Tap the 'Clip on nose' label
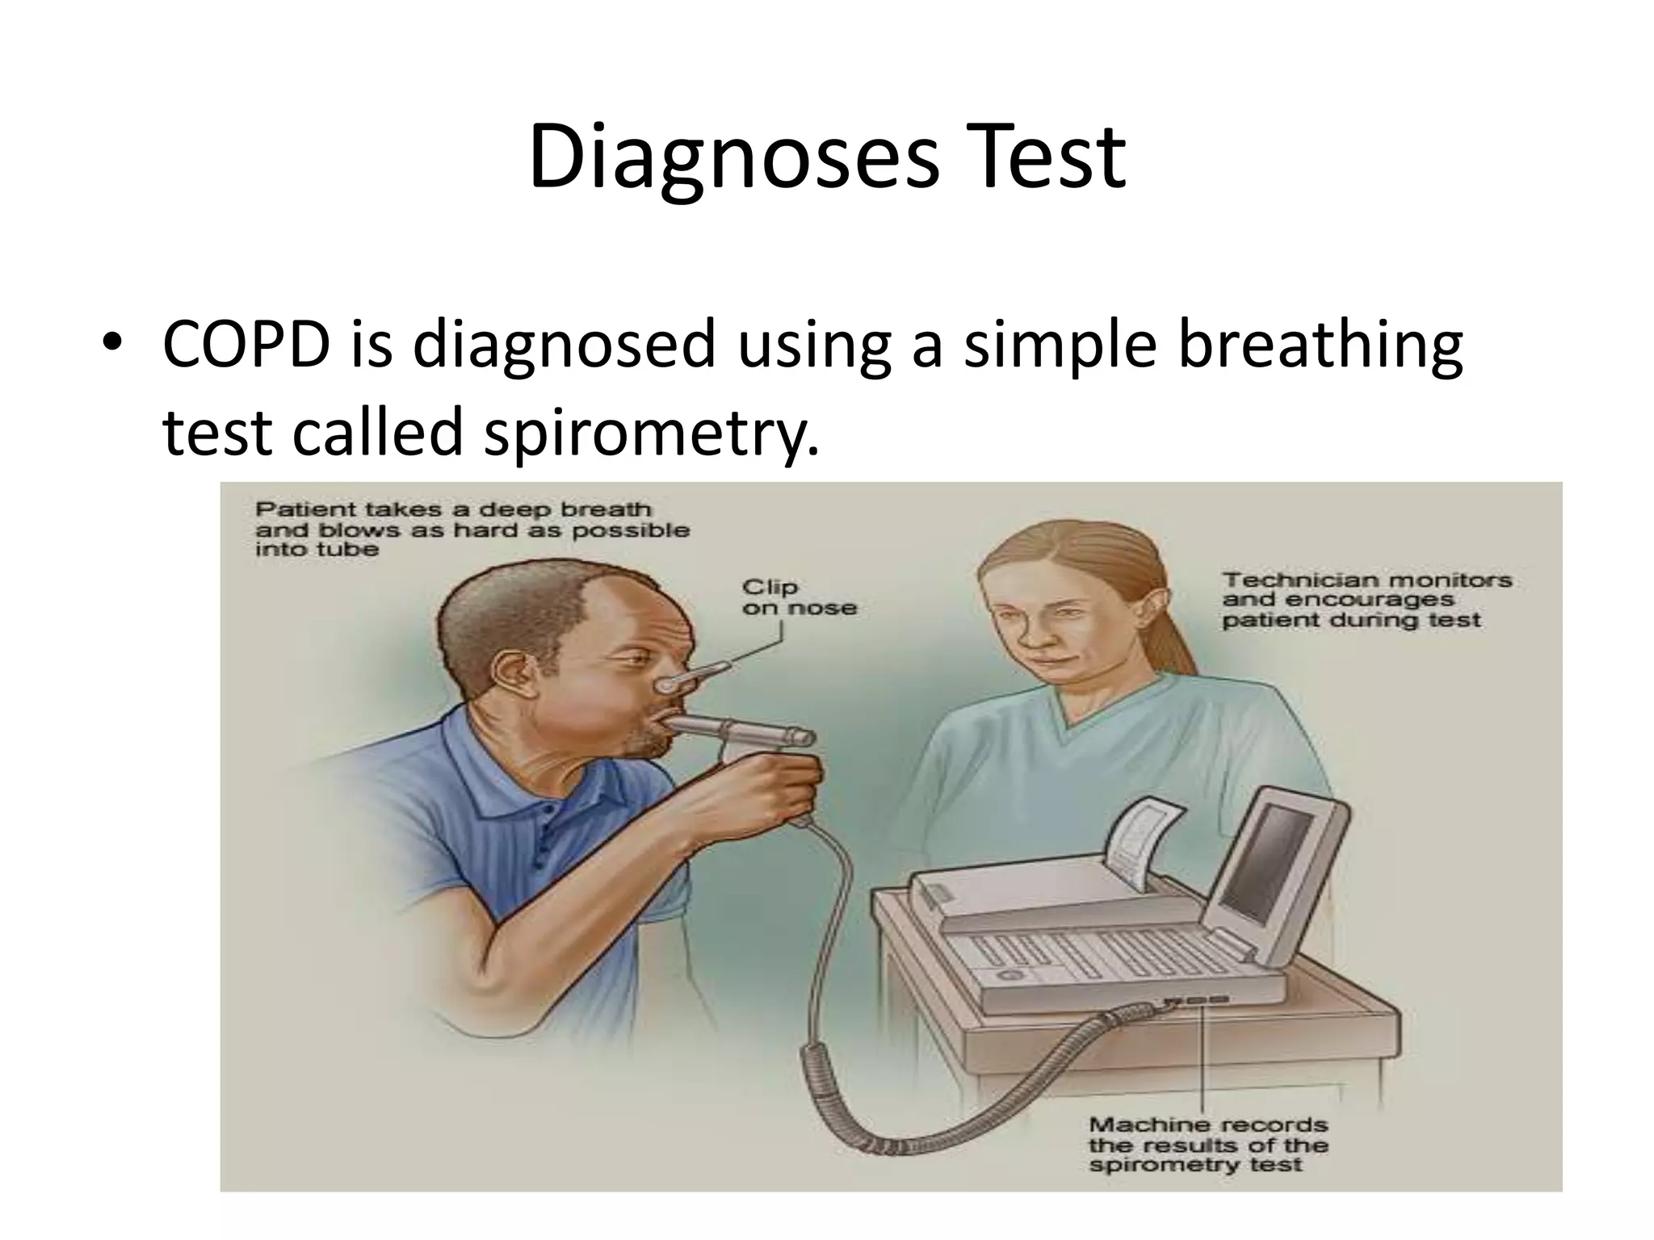(798, 597)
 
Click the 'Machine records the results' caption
(1207, 1144)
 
